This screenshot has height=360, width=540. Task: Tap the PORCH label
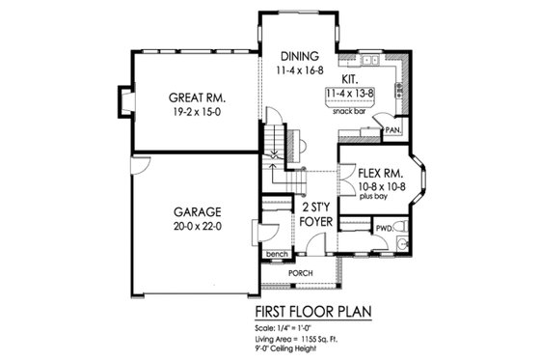click(x=308, y=273)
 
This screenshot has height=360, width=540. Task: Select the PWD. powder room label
click(x=384, y=229)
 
